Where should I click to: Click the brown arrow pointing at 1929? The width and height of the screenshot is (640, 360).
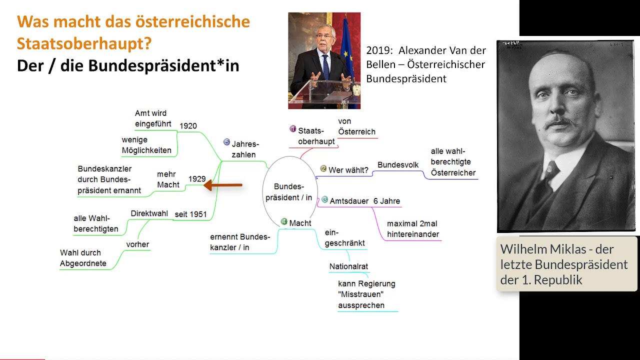223,185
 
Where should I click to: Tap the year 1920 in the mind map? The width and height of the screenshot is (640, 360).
188,126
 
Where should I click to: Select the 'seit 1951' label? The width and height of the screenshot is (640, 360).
190,214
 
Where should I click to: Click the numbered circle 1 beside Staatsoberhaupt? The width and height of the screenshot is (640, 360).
293,129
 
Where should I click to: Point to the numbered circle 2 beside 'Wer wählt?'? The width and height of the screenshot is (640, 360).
323,168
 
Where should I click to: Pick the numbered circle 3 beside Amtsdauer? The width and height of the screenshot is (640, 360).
324,199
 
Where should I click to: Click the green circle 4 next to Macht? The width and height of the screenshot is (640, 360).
284,221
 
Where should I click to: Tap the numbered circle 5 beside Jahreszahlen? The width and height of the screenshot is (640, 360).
227,142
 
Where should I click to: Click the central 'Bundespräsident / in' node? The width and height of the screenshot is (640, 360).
289,192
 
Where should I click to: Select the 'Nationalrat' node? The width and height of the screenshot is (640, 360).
348,266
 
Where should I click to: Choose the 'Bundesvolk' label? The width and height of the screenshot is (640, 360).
398,165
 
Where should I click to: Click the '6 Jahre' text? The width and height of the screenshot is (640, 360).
386,201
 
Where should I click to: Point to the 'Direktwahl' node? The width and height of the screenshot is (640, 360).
149,213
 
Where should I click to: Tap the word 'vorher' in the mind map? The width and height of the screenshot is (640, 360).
137,244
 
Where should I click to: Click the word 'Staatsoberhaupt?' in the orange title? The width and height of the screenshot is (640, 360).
84,43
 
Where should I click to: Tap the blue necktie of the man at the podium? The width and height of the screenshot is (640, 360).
326,67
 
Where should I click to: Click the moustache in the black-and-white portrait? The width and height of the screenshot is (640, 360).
560,122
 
